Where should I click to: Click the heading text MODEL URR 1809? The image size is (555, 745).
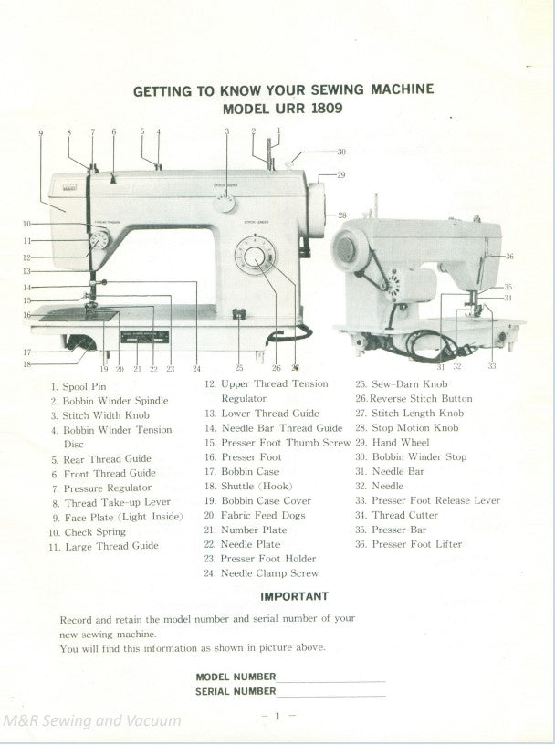tap(283, 108)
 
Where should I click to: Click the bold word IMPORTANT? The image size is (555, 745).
tap(295, 596)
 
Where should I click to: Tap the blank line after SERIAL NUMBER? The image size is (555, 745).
tap(330, 694)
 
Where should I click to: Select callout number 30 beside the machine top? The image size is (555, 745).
tap(341, 152)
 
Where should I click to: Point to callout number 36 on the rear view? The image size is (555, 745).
tap(509, 257)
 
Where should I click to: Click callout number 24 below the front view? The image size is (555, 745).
tap(196, 370)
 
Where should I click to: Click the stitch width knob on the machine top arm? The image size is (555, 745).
tap(225, 203)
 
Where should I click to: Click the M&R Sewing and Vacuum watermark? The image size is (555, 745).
tap(91, 720)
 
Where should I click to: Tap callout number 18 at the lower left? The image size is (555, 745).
tap(26, 364)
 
